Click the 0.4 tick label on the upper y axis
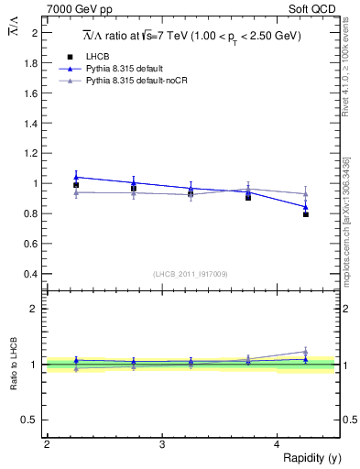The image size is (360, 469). pos(33,274)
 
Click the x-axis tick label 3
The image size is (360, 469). pos(162,444)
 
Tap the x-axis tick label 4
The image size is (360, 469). pos(278,444)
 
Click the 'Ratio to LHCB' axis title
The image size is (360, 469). pos(13,364)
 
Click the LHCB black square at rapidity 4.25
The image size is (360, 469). pos(306,214)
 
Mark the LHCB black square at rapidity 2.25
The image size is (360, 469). pos(76,185)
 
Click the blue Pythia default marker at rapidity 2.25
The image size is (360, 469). pos(76,177)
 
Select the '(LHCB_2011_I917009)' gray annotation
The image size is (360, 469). pos(190,274)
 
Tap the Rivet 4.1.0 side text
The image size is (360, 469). pos(345,64)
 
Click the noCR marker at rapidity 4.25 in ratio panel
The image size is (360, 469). pos(306,351)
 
